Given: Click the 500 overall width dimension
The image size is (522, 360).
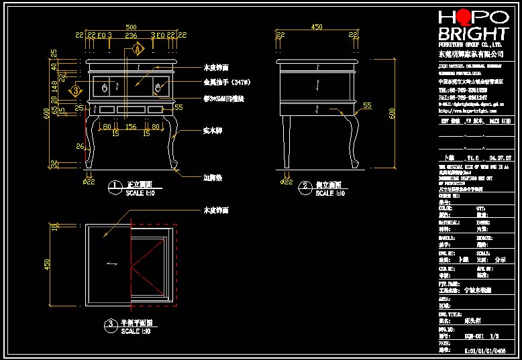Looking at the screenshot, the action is point(132,27).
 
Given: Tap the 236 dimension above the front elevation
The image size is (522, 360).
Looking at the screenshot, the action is point(132,36).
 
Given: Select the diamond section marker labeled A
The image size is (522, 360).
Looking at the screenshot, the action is point(138,49).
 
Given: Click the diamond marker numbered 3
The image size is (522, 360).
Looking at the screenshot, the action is point(76,89).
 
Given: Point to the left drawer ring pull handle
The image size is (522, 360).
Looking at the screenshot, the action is point(105,87).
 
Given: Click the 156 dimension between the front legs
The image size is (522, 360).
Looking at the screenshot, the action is point(132,126).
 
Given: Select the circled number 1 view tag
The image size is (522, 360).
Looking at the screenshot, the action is point(115,184).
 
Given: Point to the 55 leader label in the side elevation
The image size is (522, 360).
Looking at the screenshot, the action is point(367,105).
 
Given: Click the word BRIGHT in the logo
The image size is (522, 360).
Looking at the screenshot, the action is point(472,34).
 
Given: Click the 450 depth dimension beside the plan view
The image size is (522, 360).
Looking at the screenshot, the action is point(47,264).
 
